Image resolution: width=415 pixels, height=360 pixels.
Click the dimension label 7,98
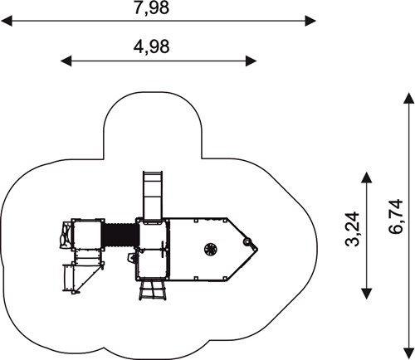151,7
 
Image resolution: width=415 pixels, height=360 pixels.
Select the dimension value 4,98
151,46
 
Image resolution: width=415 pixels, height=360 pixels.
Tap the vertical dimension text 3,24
353,229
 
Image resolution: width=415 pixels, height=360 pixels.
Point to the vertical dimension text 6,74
396,216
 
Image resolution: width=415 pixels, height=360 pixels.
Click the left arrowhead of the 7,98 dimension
7,21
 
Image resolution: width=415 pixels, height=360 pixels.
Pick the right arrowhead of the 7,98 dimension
310,21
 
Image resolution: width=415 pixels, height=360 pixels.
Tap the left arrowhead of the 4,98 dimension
66,61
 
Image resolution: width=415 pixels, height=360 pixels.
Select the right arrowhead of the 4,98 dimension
251,61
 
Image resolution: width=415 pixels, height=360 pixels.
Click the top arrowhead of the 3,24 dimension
367,178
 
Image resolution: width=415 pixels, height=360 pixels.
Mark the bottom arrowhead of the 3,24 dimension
367,294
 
